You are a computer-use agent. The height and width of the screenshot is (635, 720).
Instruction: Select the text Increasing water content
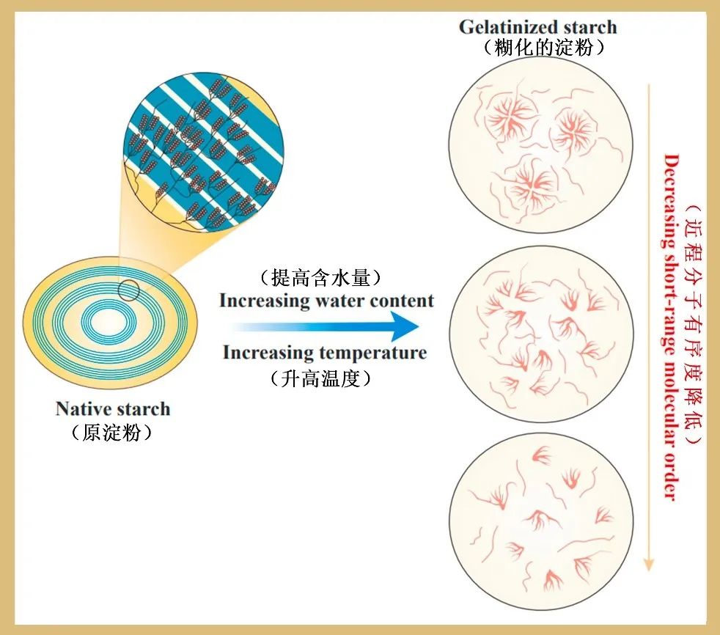click(x=326, y=301)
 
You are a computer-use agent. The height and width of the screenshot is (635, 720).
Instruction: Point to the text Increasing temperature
click(x=325, y=353)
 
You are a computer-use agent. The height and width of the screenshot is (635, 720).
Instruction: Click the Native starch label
click(x=113, y=408)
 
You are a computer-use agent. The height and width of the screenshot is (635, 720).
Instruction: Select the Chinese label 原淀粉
click(x=112, y=433)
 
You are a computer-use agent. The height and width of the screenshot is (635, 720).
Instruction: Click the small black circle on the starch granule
click(x=129, y=291)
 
